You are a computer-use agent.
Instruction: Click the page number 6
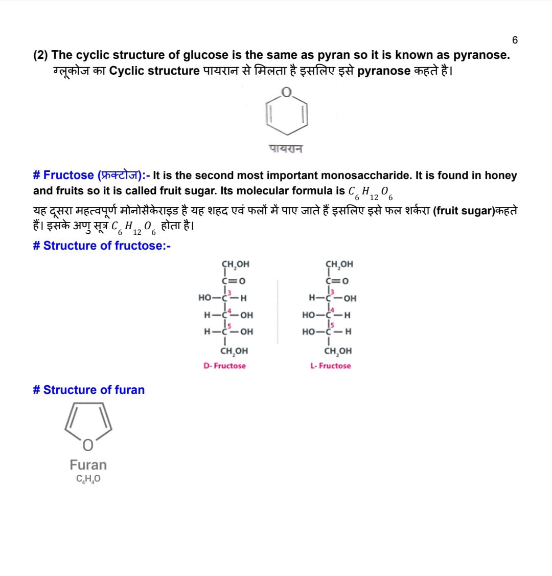515,40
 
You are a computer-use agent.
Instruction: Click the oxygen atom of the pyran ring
287,93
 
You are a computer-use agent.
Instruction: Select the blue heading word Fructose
68,175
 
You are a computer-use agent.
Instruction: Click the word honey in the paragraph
500,175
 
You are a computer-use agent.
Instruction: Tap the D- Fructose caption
224,366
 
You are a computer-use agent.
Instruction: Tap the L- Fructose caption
331,366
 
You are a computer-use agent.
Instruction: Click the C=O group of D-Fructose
234,280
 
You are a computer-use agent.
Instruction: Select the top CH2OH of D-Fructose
235,264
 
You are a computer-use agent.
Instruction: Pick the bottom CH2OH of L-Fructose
338,351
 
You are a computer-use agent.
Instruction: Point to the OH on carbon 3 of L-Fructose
350,298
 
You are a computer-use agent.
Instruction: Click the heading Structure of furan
88,390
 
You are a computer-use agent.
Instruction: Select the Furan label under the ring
88,465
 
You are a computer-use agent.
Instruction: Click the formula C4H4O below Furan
88,479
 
